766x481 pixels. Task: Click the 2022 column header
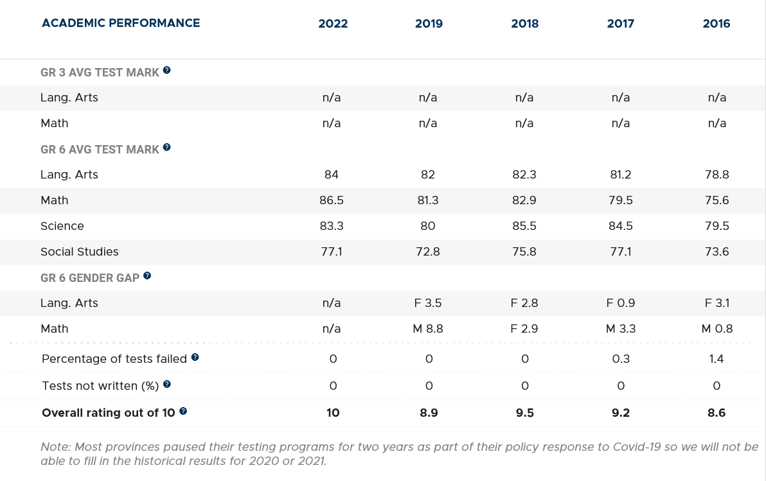coord(333,24)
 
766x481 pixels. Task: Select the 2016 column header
coord(717,24)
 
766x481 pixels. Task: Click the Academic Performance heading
coord(121,23)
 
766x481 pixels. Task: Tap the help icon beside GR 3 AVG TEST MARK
coord(167,70)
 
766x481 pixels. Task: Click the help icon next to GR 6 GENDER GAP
coord(147,275)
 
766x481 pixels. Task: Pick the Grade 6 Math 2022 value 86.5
coord(332,200)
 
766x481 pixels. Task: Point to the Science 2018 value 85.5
coord(524,226)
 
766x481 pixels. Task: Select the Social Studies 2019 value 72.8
coord(428,252)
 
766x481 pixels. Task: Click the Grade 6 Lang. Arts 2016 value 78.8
coord(717,175)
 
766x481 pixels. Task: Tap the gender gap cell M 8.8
coord(428,329)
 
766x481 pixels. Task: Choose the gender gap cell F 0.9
coord(620,303)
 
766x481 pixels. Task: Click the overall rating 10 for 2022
coord(333,413)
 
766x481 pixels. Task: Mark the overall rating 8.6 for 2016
coord(717,413)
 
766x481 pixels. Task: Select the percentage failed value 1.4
coord(717,359)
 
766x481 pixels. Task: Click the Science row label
coord(62,226)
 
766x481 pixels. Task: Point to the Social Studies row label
coord(80,252)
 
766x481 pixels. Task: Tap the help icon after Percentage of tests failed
coord(195,357)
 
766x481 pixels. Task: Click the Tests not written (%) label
coord(100,386)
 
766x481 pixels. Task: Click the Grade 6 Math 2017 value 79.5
coord(620,200)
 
